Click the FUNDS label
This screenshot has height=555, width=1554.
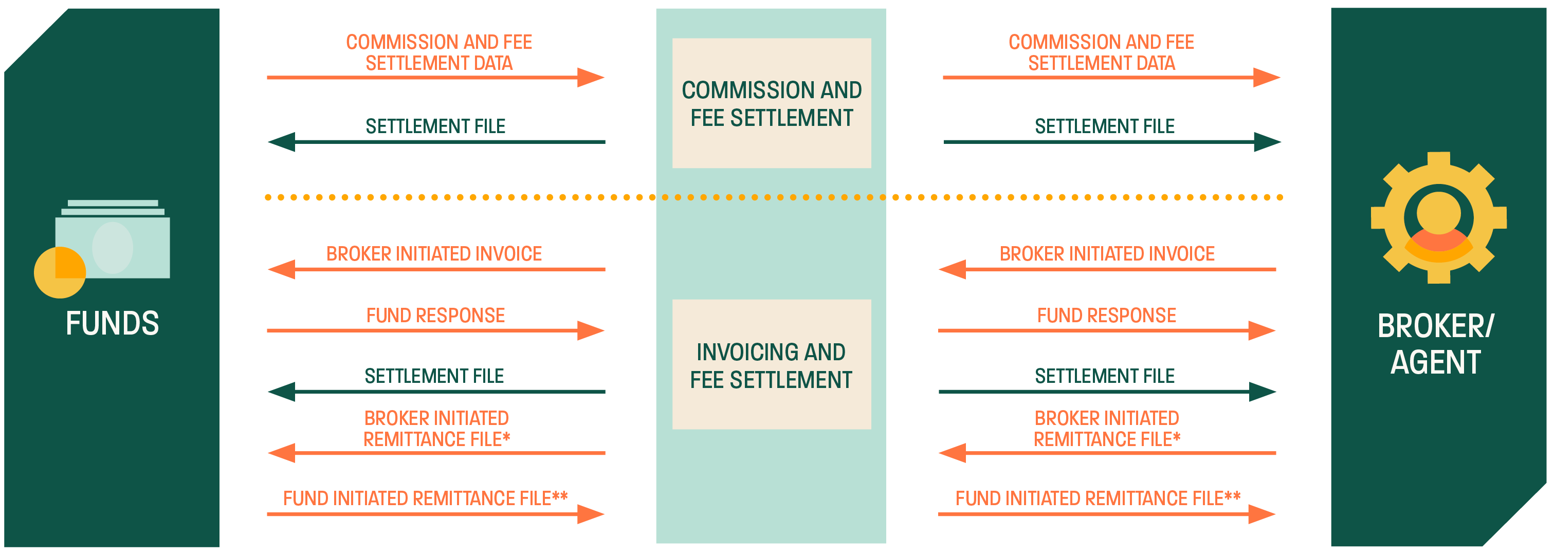coord(112,323)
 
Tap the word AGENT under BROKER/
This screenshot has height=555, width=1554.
coord(1436,363)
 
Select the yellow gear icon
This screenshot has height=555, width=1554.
coord(1438,218)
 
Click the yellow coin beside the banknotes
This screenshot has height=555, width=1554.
coord(60,273)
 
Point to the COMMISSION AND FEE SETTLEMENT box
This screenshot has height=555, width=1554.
coord(772,103)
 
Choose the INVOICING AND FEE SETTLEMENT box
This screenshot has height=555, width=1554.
coord(772,364)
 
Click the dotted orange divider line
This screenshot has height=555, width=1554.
coord(774,197)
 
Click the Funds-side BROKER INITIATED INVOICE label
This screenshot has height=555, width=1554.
coord(434,254)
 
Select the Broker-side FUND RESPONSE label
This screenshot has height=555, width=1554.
coord(1106,316)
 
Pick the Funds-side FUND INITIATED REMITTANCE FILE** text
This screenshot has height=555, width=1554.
coord(425,498)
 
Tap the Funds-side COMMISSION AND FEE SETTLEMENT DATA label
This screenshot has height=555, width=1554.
coord(438,52)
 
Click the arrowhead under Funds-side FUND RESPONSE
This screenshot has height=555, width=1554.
coord(591,330)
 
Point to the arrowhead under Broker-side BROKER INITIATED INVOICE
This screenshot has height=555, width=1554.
coord(953,269)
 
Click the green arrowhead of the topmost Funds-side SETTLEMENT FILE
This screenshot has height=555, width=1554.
coord(282,142)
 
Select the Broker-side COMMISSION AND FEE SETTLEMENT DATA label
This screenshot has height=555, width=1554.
coord(1102,52)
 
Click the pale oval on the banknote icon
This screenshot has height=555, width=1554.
coord(112,247)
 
